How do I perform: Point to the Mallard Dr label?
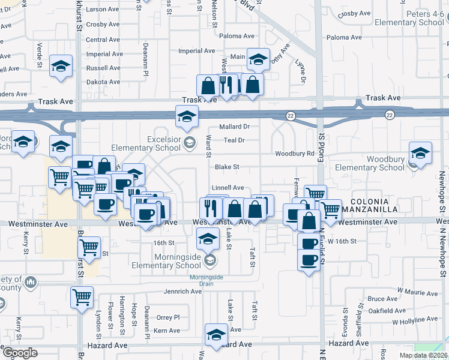click(x=235, y=127)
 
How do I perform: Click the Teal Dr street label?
click(x=235, y=140)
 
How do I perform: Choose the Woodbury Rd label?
click(x=295, y=154)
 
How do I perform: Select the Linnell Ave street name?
click(x=228, y=188)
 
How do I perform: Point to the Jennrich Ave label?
click(x=183, y=292)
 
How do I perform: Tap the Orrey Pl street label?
click(x=167, y=317)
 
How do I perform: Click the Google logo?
click(x=19, y=353)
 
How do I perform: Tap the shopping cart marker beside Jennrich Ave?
click(x=82, y=296)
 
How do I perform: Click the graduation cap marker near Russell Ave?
click(x=61, y=65)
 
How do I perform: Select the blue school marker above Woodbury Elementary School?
click(x=420, y=152)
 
